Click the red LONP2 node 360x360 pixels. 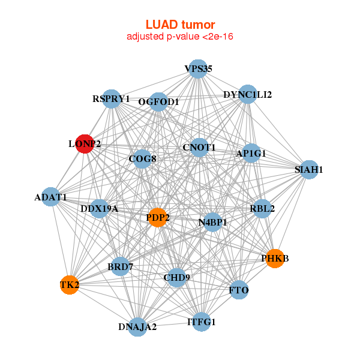[85, 144]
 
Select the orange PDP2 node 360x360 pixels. [157, 217]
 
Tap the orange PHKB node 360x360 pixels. [274, 258]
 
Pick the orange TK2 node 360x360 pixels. [70, 284]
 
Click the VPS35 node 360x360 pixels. [197, 69]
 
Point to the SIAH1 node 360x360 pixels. [308, 170]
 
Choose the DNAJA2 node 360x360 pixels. [138, 326]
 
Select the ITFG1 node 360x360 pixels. [201, 322]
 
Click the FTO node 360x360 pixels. [239, 290]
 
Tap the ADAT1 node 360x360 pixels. [51, 197]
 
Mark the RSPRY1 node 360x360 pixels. [112, 98]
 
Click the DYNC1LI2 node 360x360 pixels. [248, 95]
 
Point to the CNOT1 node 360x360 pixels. [199, 147]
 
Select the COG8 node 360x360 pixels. [142, 159]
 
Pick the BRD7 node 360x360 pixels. [120, 266]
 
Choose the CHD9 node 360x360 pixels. [176, 277]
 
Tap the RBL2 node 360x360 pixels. [262, 209]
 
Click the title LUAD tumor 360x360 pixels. [180, 25]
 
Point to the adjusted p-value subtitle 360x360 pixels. [180, 37]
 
